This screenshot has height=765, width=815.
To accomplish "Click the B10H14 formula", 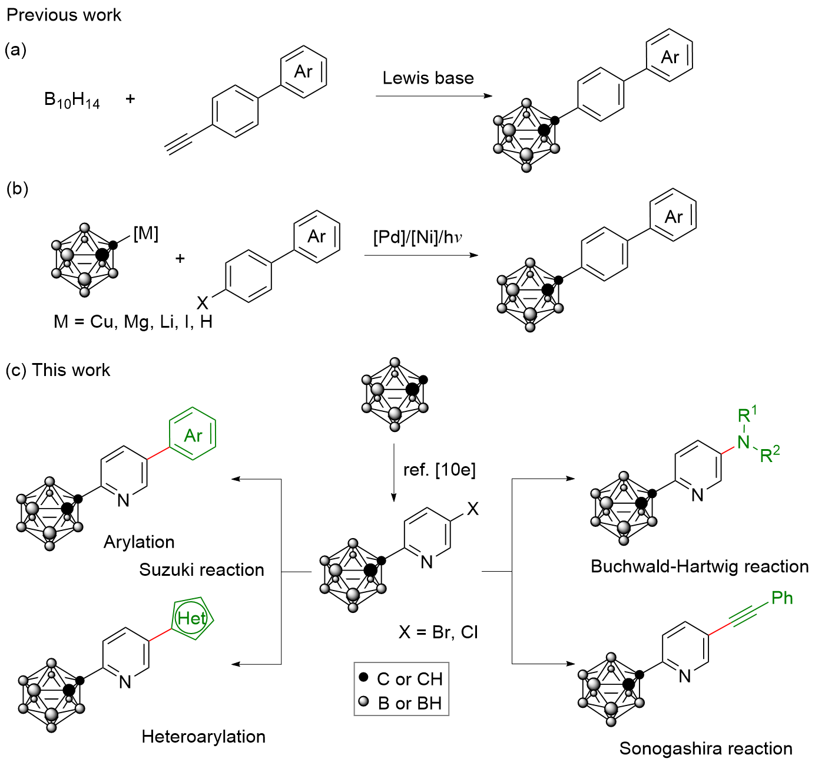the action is (x=72, y=100).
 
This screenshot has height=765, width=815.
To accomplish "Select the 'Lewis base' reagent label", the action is (x=428, y=78).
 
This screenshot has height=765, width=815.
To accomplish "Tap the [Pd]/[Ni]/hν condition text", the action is (x=418, y=238).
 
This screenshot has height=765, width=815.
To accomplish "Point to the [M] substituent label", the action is (x=145, y=234).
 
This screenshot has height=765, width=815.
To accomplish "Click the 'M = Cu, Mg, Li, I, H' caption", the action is (x=133, y=322).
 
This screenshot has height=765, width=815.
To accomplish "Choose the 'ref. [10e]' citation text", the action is (x=439, y=470).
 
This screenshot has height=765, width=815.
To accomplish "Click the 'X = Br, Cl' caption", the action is (x=438, y=632).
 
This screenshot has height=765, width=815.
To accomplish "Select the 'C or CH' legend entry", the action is (x=409, y=679).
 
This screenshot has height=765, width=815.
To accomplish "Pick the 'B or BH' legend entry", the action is (x=409, y=703).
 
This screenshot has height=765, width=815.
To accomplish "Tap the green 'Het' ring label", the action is (x=191, y=618).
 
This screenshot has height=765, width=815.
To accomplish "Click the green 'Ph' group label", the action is (x=782, y=598).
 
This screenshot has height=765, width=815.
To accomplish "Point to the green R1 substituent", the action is (x=747, y=414).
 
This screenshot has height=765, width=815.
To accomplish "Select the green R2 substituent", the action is (x=770, y=454).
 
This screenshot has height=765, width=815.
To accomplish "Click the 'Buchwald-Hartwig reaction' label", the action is (x=700, y=566).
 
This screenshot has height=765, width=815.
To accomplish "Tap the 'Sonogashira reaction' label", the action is (x=706, y=748).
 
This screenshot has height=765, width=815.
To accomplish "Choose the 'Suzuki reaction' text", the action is (x=201, y=570).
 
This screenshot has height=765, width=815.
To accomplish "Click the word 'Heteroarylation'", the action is (x=204, y=737).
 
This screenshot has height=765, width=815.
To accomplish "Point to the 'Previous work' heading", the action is (x=64, y=15).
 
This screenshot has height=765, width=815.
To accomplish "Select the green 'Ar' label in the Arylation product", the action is (x=193, y=436).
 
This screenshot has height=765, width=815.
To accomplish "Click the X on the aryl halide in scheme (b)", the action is (x=203, y=303).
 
